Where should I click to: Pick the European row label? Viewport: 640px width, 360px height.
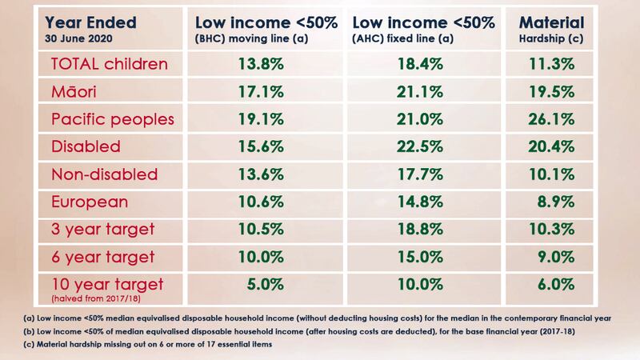pyautogui.click(x=88, y=202)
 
